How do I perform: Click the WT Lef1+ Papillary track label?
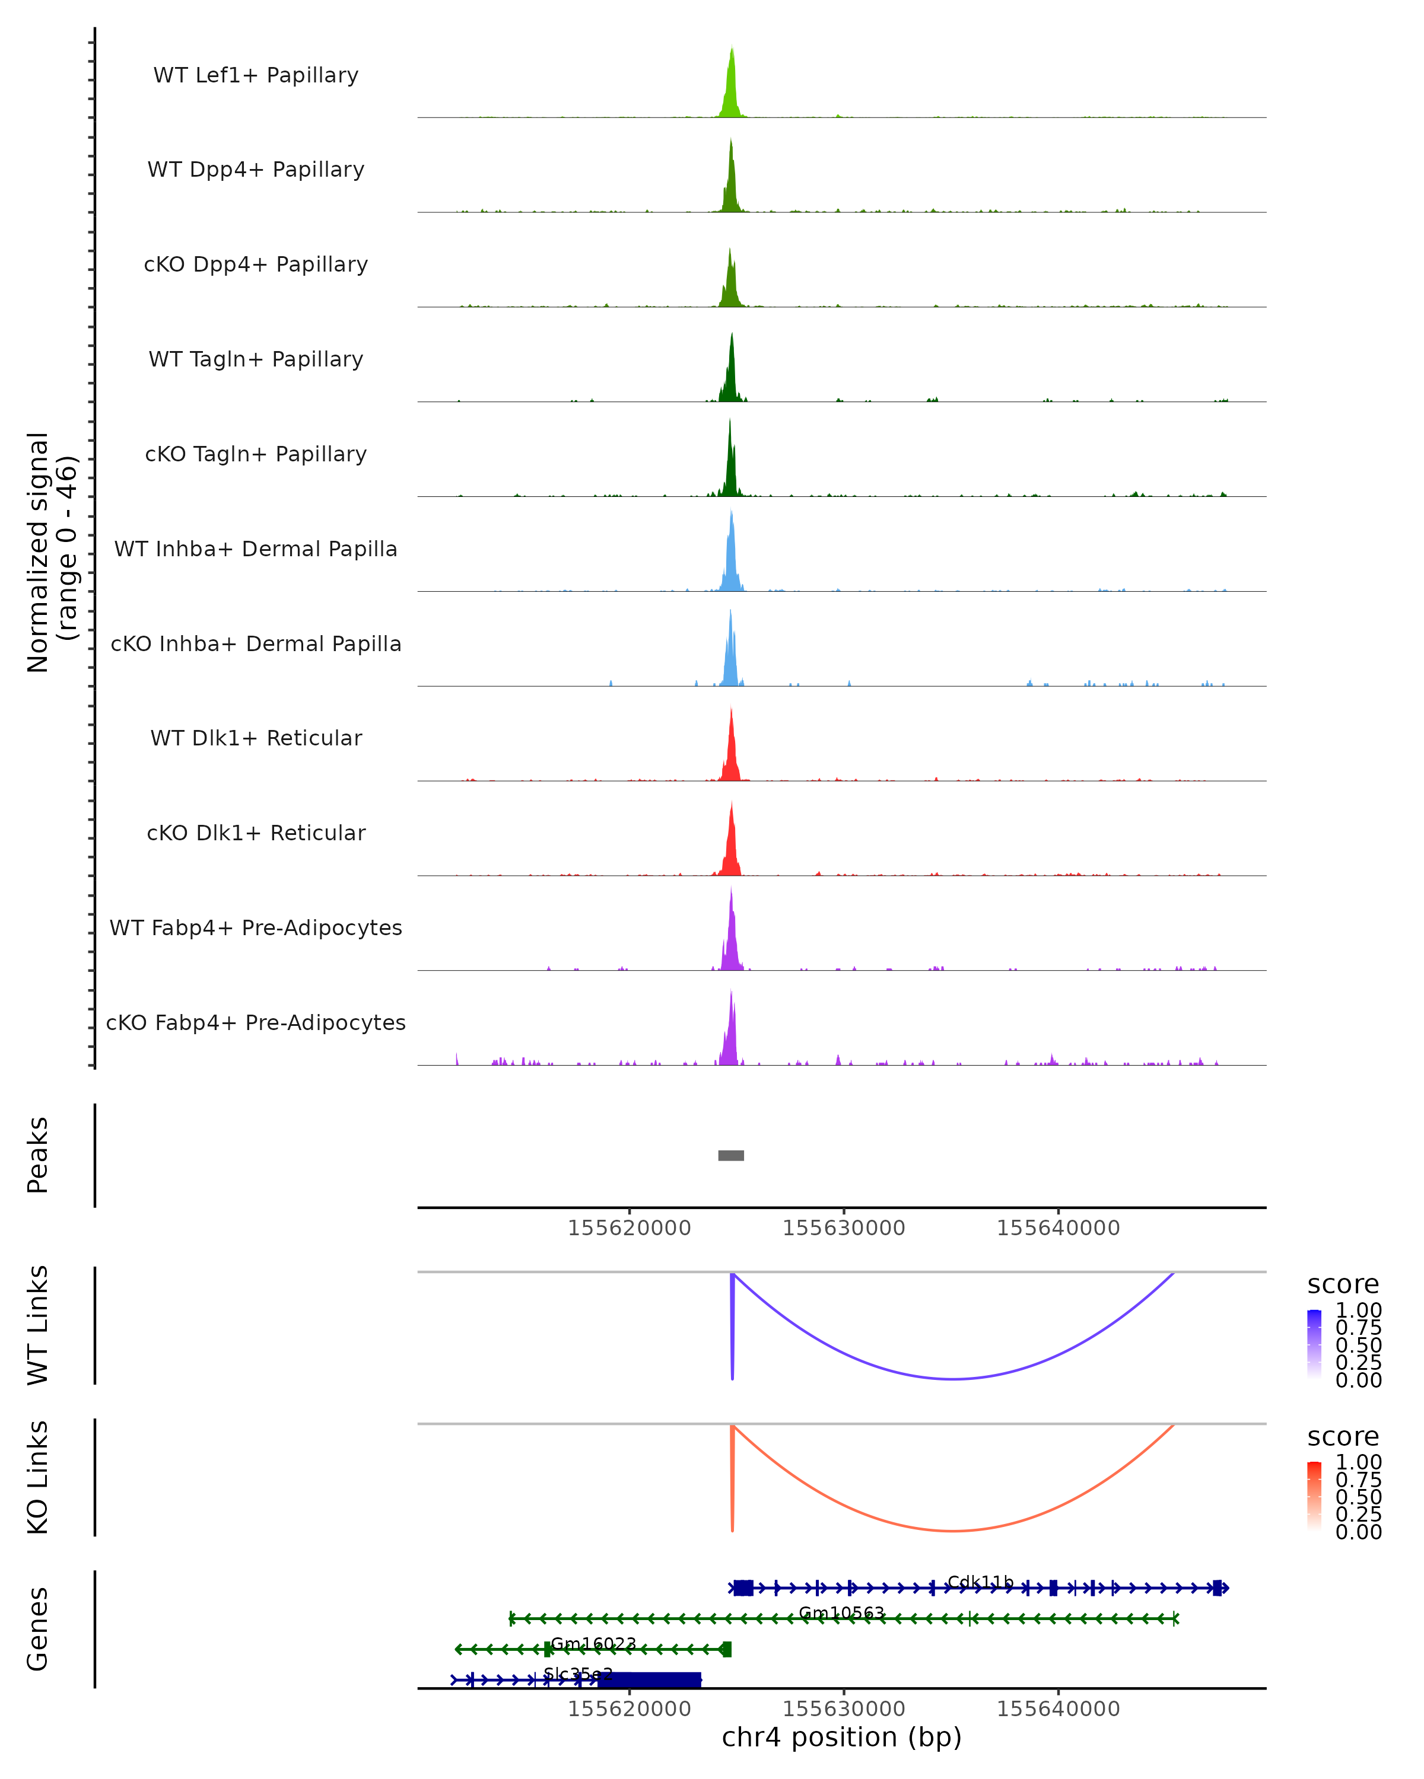click(256, 75)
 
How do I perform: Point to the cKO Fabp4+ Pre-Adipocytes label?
click(256, 1022)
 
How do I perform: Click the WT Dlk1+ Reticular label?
click(256, 738)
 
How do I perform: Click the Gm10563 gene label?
click(841, 1612)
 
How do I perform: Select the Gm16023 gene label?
click(593, 1643)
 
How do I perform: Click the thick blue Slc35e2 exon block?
click(649, 1680)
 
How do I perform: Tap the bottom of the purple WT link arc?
click(953, 1379)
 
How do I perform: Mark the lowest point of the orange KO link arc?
click(953, 1531)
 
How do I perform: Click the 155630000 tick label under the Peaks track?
click(844, 1228)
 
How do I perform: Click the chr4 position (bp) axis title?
click(841, 1737)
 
